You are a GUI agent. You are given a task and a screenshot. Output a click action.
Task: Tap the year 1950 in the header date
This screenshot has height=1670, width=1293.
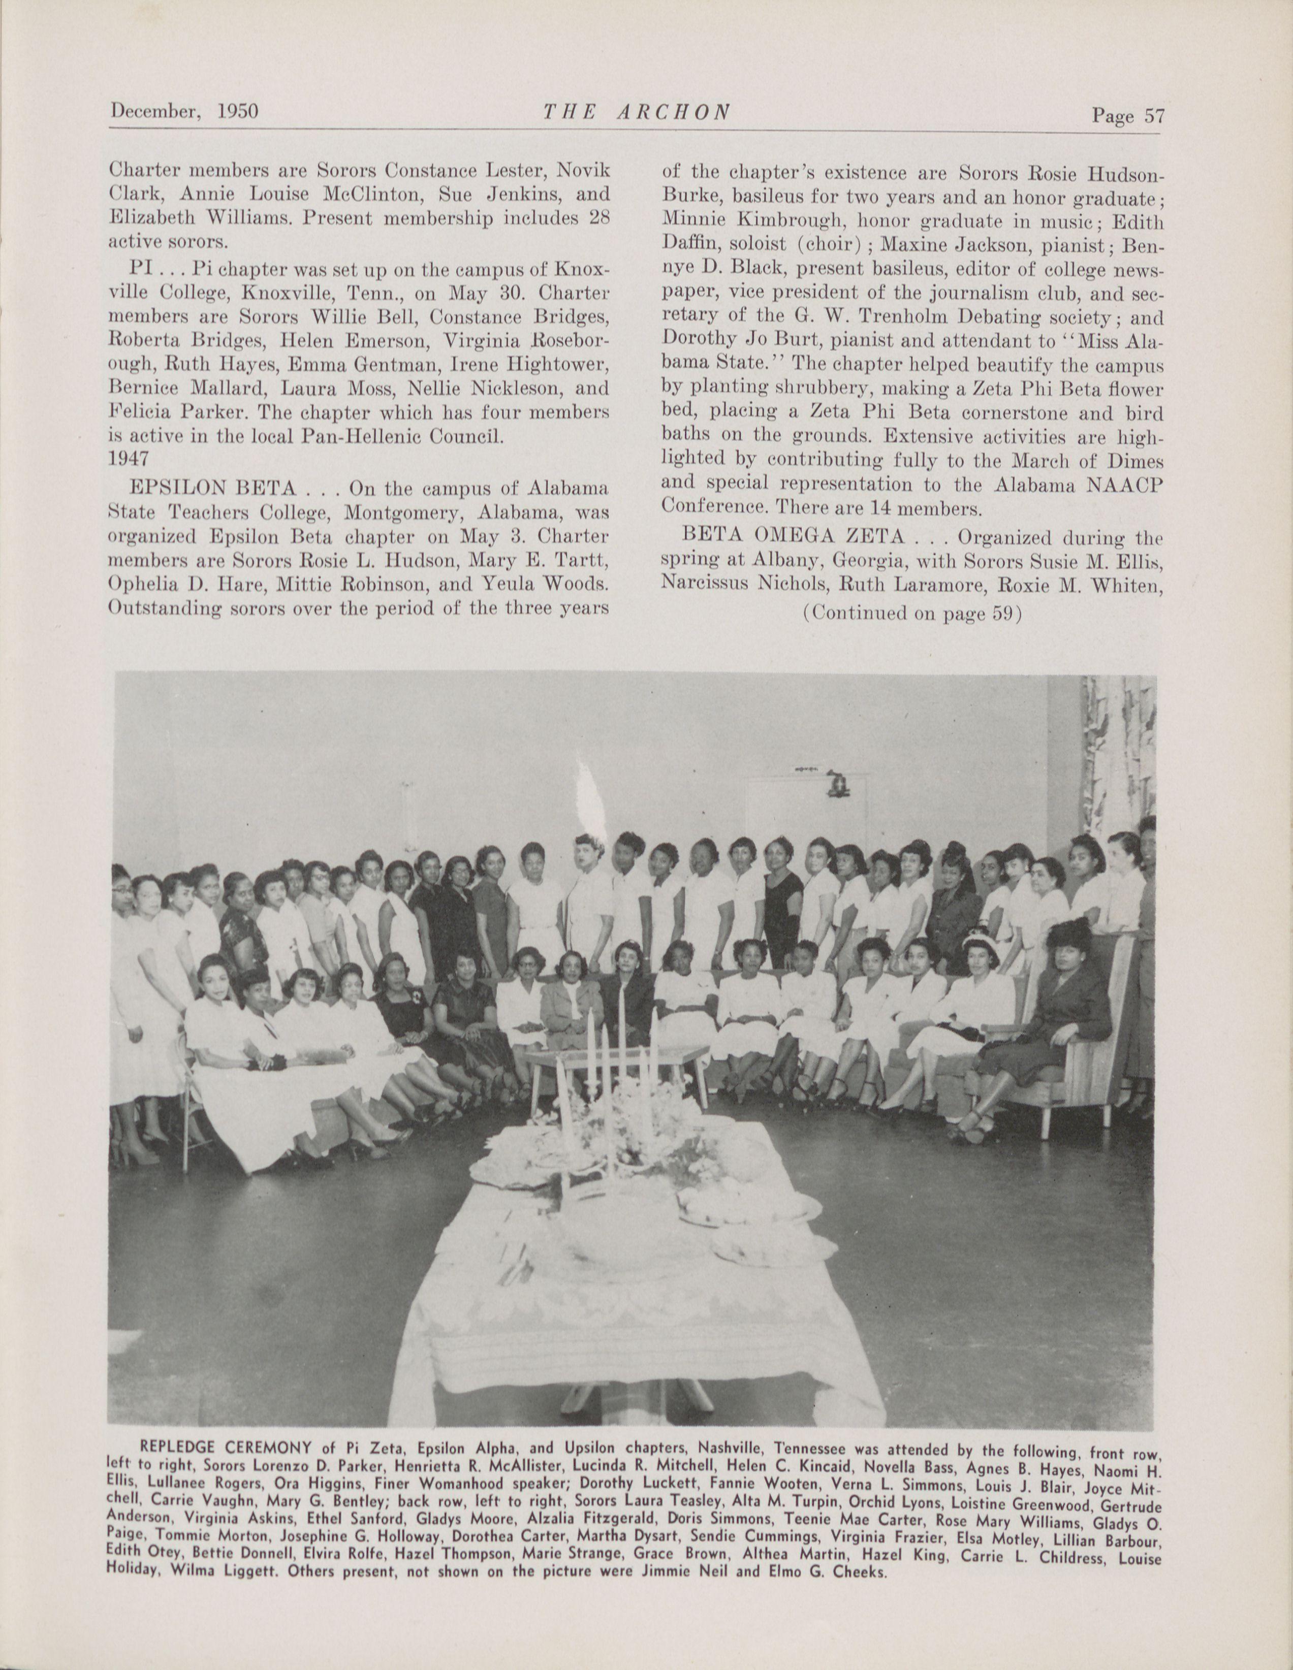(x=237, y=112)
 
